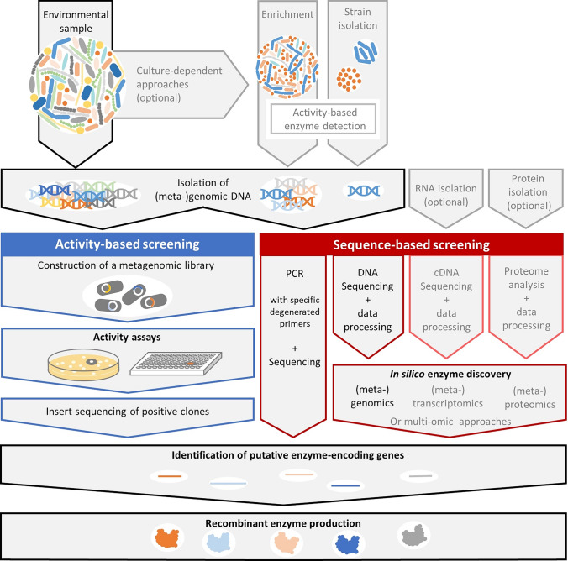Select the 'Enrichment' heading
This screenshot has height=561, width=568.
(290, 15)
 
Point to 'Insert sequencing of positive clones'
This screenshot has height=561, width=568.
(127, 409)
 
